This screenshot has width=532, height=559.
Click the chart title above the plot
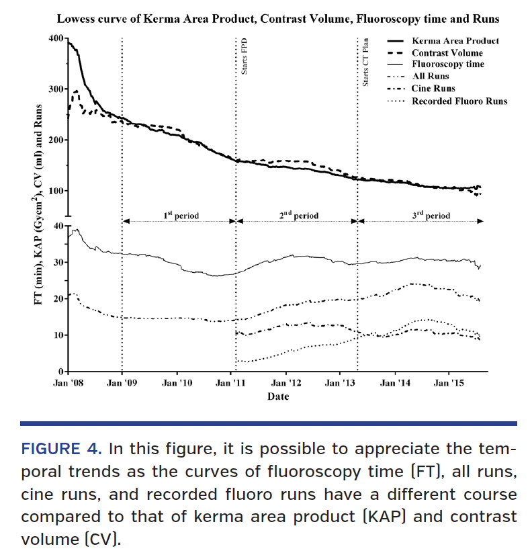coord(277,19)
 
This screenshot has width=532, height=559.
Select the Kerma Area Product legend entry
coord(455,41)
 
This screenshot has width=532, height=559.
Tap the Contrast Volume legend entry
coord(447,53)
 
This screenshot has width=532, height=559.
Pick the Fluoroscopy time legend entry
coord(447,64)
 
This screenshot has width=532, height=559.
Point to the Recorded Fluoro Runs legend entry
coord(459,101)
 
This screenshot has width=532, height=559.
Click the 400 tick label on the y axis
coord(56,38)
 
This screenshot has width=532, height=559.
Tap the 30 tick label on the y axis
coord(58,262)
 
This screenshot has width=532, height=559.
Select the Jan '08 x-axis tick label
coord(68,384)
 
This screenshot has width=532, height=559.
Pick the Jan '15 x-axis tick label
coord(448,384)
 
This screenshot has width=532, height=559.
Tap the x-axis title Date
coord(277,396)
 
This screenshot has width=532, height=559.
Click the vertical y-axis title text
coord(40,206)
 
